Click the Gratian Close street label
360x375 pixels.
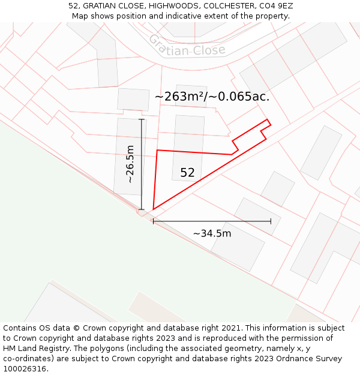pos(187,46)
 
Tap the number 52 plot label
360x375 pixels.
pos(187,173)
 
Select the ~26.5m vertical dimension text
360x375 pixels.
pos(130,164)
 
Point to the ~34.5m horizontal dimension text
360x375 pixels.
pos(212,233)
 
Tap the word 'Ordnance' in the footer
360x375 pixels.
pos(286,359)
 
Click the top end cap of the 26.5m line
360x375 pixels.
pos(142,119)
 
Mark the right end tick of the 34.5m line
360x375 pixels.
pos(271,221)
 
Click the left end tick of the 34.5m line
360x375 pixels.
pos(153,221)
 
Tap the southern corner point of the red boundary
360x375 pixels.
pos(154,209)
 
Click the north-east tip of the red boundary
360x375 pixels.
pos(268,120)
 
